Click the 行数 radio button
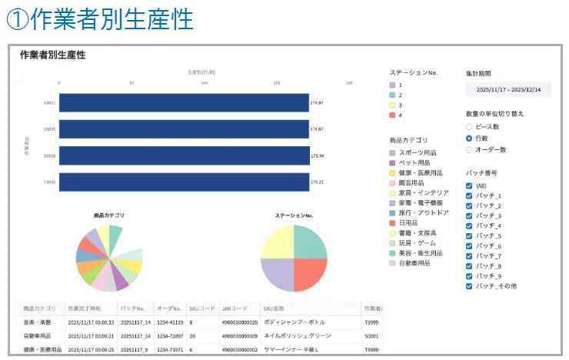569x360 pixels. tap(469, 138)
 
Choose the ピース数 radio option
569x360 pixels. tap(469, 126)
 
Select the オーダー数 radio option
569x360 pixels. tap(469, 149)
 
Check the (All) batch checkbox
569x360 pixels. tap(469, 185)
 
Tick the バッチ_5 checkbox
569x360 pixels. tap(469, 235)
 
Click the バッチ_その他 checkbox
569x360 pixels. tap(469, 286)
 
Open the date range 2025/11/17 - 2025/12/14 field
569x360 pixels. tap(507, 89)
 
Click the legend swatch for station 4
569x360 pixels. tap(393, 115)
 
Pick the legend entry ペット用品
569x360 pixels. tap(393, 163)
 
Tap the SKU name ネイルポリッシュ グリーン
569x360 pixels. tap(298, 336)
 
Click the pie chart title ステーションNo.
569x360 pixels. tap(294, 215)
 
